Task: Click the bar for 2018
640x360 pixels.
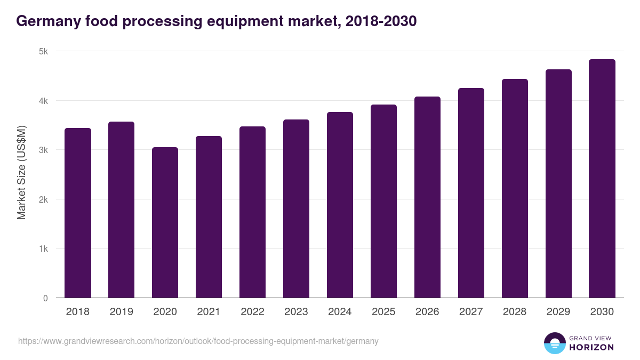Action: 78,213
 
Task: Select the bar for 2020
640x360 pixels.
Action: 165,223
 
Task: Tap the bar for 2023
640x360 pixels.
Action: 296,209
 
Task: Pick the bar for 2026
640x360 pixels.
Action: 427,197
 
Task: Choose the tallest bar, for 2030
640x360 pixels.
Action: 602,179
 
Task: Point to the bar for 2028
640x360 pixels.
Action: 515,189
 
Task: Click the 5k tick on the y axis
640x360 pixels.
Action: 43,52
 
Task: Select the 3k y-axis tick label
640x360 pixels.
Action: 43,150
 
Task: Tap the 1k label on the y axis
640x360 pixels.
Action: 43,249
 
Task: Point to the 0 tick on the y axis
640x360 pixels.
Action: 45,298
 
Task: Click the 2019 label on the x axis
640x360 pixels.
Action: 122,312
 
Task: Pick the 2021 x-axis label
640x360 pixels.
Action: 209,312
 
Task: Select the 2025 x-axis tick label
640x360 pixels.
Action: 383,312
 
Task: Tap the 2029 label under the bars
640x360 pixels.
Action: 558,312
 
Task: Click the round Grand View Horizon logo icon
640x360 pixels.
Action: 555,343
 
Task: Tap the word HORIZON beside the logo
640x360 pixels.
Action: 591,347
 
